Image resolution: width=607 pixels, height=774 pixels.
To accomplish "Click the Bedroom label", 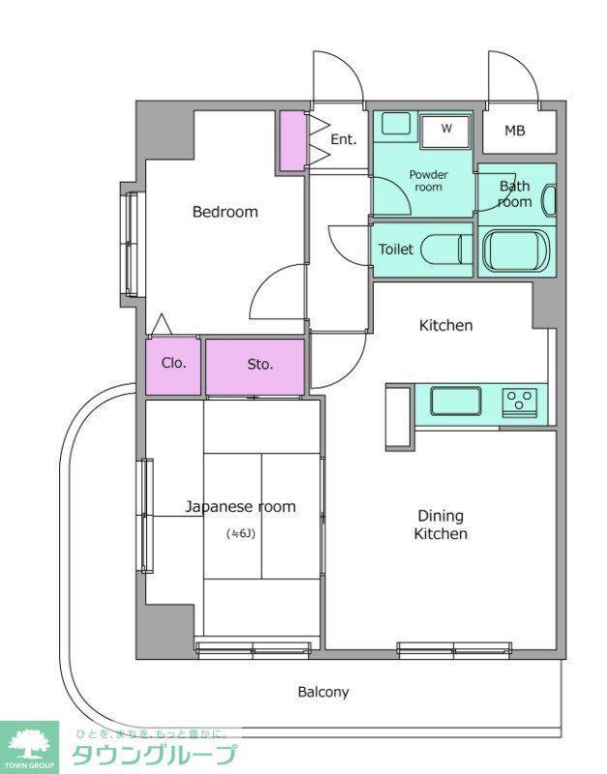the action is coord(226,212).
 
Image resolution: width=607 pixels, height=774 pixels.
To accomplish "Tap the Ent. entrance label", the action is coord(344,139).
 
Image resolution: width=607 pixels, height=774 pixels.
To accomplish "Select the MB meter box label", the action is coord(515,131).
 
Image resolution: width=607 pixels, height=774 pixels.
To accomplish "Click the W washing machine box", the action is coord(446,133).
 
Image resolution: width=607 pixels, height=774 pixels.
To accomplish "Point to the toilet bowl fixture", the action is coord(447,250).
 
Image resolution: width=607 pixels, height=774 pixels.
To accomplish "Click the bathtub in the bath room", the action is coord(516,251).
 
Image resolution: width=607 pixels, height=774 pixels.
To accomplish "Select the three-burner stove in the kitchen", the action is coord(520,402).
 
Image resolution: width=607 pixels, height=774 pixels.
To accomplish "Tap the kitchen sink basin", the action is coord(455,402).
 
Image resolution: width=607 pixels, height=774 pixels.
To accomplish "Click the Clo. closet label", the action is coord(173,364).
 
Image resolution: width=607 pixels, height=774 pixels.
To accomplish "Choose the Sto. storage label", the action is coord(259,365).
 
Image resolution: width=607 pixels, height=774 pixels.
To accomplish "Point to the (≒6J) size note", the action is coord(240,534).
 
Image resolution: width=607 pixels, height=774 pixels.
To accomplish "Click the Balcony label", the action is coord(323,692).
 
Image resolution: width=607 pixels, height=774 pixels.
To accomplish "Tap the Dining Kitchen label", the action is coord(440,524).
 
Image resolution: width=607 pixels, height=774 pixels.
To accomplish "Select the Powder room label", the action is coord(428,181).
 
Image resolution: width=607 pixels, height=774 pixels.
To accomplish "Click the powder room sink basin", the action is coord(396,124).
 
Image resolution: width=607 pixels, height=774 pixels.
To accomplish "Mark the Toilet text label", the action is coord(396,250).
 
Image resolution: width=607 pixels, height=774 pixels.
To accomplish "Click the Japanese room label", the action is coord(240,507).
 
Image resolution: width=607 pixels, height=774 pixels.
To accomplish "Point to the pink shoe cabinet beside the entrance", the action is coord(293,141).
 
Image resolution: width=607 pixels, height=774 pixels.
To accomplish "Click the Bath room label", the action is coord(515,194).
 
